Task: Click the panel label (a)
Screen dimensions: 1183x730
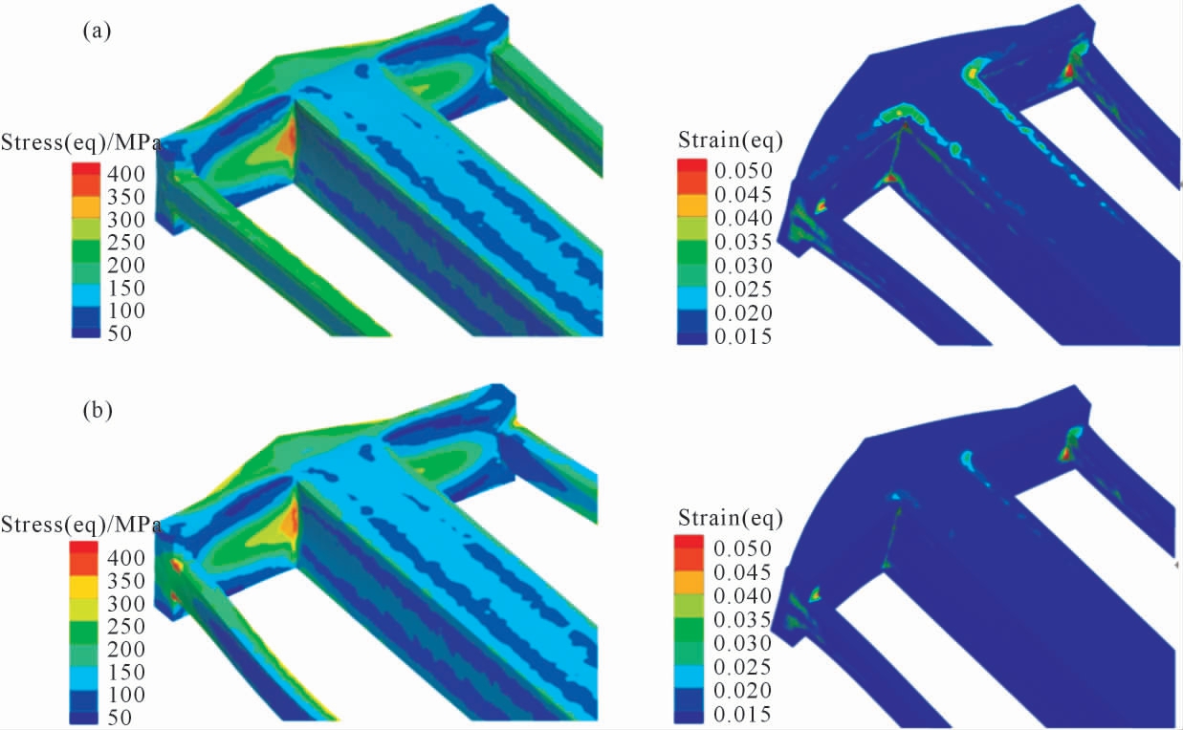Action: click(98, 32)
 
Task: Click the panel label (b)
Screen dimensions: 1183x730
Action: click(98, 410)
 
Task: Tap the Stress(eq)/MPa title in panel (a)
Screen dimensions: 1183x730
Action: click(80, 143)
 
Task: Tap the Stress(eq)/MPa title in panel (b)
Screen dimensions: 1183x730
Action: click(80, 525)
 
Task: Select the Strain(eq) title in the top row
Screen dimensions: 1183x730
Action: click(731, 140)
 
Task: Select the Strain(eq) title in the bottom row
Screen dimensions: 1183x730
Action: click(731, 519)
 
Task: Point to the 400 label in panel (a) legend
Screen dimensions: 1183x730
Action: click(126, 174)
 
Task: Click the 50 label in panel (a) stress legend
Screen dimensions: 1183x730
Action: click(120, 333)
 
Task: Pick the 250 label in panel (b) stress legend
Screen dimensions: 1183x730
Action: click(126, 627)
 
